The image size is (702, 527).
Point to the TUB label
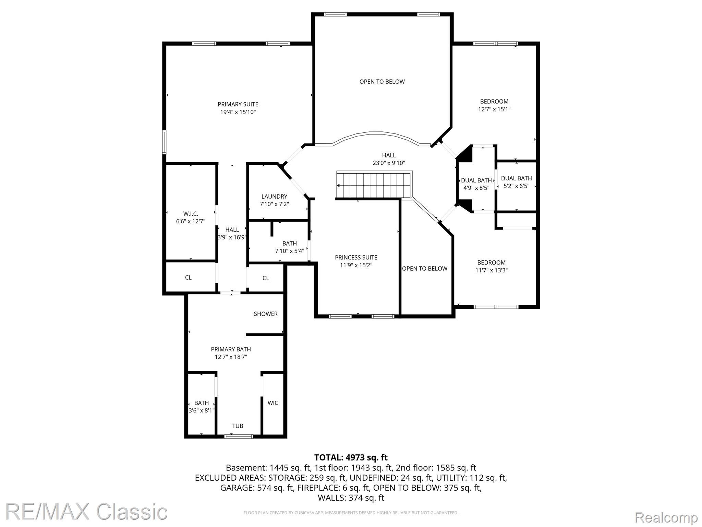(x=238, y=426)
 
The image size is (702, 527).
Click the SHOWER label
(x=266, y=314)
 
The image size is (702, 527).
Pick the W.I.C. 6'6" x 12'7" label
(x=191, y=218)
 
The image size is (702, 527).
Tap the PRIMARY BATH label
(x=231, y=349)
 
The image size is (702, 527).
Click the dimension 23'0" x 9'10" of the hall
(x=389, y=163)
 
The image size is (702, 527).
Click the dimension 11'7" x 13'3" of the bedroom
(x=491, y=270)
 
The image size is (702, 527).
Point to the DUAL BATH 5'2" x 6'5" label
(x=516, y=182)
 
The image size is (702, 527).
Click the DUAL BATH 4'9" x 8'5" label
(x=476, y=184)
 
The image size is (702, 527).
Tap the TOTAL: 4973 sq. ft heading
(x=351, y=457)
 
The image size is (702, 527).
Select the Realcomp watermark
(x=666, y=517)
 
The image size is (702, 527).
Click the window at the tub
(x=239, y=436)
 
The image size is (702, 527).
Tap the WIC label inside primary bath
(x=273, y=403)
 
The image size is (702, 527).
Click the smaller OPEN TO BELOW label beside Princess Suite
(x=425, y=268)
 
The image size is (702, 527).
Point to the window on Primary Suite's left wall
(x=164, y=142)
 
